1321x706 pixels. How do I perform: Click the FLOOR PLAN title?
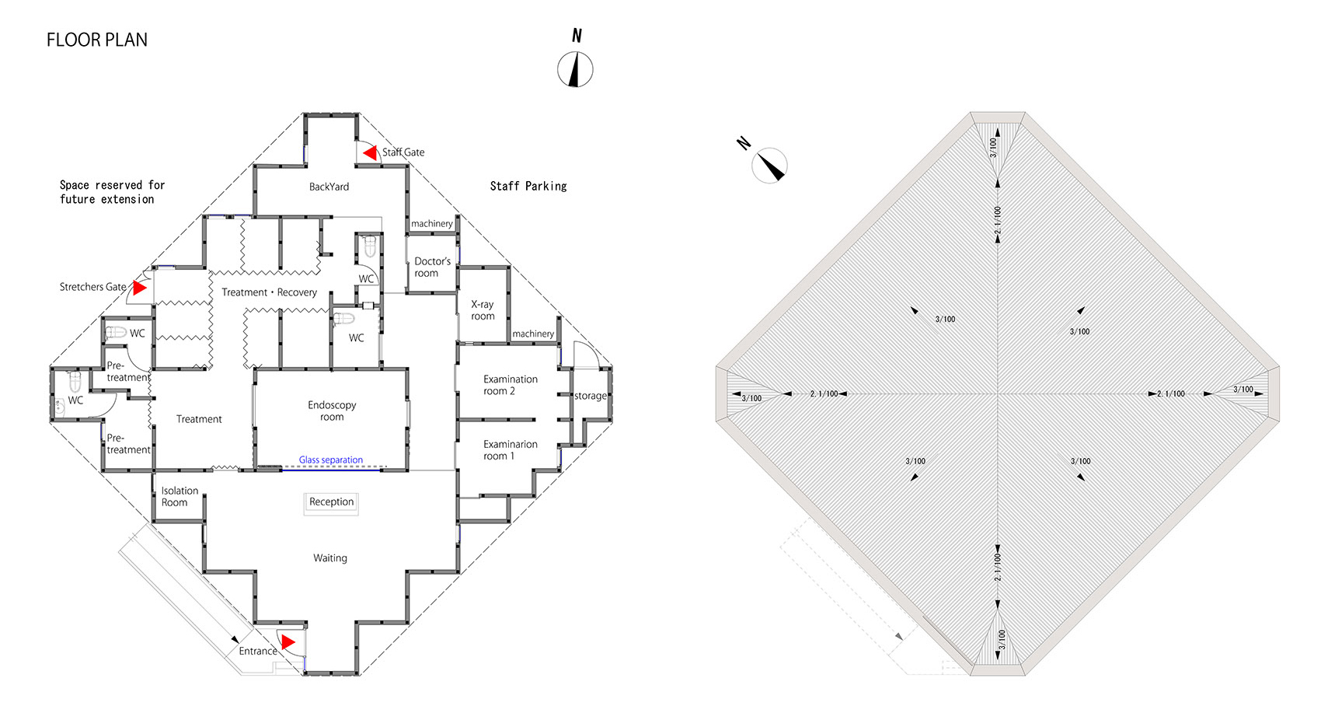coord(97,40)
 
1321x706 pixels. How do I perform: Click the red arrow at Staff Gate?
coord(371,153)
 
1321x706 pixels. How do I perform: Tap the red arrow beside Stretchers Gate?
coord(140,288)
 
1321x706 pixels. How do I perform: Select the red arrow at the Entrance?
coord(288,641)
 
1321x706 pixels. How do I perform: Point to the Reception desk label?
coord(332,502)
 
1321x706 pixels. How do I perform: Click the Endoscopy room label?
coord(332,411)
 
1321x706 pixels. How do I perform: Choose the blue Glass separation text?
coord(331,460)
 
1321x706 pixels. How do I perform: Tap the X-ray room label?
coord(483,310)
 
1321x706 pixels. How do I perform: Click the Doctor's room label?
coord(432,267)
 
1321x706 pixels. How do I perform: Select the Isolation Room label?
coord(180,496)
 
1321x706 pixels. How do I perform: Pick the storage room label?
coord(591,396)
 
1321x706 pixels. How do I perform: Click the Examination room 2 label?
coord(510,385)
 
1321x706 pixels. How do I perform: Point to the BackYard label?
coord(329,187)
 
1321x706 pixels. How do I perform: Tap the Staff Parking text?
coord(528,187)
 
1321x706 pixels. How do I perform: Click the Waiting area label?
coord(329,557)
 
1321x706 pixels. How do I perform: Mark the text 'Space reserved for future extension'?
coord(112,192)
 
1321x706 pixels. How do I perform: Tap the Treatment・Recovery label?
coord(269,292)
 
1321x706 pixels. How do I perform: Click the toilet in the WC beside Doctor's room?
coord(370,246)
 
